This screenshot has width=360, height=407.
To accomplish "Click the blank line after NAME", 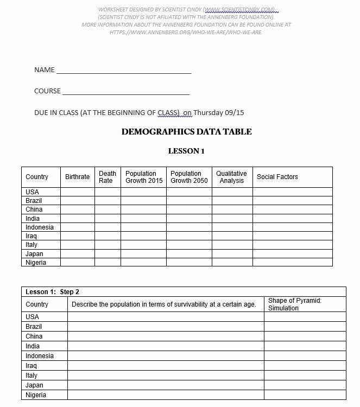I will click(x=124, y=71).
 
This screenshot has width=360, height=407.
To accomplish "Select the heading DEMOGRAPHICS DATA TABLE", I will click(x=186, y=132).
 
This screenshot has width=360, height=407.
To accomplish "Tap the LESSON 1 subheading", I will click(x=186, y=151).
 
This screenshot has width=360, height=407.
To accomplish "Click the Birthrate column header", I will click(x=77, y=177).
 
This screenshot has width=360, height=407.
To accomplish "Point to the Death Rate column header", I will click(x=108, y=177).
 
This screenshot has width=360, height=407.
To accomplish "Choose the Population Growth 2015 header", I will click(x=144, y=177).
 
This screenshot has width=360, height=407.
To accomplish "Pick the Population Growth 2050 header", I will click(x=189, y=177).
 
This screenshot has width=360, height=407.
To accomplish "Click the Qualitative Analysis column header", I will click(x=232, y=177).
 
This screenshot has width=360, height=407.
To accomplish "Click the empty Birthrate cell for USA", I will click(x=77, y=192).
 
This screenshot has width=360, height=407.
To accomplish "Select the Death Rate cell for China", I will click(x=108, y=209).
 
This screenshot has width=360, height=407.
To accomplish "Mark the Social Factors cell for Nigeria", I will click(x=292, y=263).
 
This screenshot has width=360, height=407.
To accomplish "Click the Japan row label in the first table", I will click(x=34, y=254).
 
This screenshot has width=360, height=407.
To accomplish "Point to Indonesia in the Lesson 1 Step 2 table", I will click(x=40, y=356).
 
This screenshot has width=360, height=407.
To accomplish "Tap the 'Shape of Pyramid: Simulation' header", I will click(x=294, y=304).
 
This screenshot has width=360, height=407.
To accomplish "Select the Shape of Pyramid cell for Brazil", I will click(x=305, y=327).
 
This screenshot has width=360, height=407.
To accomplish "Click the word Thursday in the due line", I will click(x=209, y=113).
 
